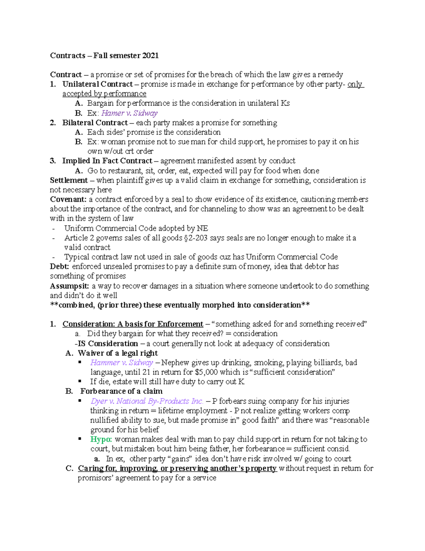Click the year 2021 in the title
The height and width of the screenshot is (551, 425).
point(150,55)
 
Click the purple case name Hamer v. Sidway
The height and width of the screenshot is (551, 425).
point(129,113)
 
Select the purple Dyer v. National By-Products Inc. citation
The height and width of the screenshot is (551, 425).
point(147,401)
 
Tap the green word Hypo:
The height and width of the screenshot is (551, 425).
point(101,439)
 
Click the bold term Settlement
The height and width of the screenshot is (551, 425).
point(69,180)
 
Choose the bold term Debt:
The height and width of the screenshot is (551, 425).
point(59,266)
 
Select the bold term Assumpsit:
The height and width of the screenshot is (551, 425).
point(69,286)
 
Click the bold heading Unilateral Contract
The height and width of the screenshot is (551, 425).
point(97,84)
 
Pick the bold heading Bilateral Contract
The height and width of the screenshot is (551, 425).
point(95,123)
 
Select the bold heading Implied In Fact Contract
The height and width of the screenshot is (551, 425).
point(107,161)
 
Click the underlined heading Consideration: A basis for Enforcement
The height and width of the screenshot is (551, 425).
point(133,324)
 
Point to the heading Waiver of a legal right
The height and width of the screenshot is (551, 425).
point(118,353)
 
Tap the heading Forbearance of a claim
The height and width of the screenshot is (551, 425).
point(121,391)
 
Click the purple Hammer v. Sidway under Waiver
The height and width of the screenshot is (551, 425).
point(121,363)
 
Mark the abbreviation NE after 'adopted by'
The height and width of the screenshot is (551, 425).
point(203,228)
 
